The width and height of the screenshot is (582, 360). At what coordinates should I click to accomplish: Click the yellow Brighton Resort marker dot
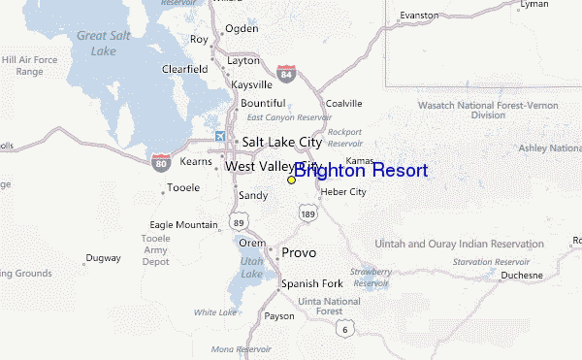click(291, 180)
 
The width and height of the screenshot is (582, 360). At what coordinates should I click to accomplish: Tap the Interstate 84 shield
click(285, 73)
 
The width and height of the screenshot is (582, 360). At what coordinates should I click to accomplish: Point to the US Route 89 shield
click(239, 222)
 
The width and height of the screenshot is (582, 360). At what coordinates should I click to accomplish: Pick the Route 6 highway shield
click(344, 330)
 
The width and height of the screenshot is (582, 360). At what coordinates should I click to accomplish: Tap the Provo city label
click(299, 253)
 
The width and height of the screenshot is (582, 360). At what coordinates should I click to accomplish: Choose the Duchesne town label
click(522, 276)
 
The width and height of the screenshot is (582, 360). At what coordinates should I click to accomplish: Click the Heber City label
click(343, 192)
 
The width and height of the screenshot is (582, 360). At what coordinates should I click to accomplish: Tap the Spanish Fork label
click(311, 284)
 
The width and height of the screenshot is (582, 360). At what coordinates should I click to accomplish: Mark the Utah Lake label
click(250, 269)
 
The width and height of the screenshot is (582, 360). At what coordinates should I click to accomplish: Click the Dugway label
click(103, 258)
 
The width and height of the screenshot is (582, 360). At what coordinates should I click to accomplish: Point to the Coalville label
click(343, 103)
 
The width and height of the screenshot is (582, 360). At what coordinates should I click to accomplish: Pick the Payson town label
click(279, 316)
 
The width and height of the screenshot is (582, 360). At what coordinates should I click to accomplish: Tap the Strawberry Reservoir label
click(371, 278)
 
